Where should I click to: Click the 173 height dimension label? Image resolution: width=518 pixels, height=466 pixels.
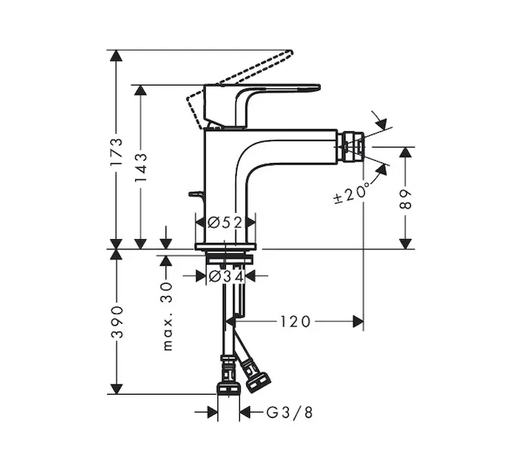point(116,151)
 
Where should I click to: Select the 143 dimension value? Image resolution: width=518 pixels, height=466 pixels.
point(141,168)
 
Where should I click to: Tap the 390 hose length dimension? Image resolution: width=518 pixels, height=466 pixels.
point(117,322)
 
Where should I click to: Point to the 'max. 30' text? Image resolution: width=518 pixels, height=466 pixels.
point(168,316)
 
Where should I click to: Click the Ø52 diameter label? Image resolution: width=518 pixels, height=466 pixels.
point(225,222)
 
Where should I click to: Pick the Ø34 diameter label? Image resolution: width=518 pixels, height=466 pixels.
point(226,276)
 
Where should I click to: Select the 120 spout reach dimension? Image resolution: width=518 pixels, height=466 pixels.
point(295,322)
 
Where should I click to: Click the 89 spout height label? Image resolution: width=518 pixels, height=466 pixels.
point(405,200)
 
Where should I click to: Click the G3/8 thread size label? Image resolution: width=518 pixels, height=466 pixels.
point(290,412)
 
